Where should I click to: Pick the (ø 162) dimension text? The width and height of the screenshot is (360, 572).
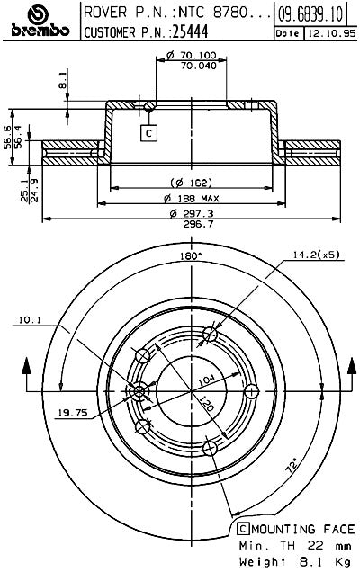click(x=184, y=182)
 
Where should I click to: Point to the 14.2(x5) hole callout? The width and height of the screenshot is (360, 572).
click(x=315, y=254)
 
